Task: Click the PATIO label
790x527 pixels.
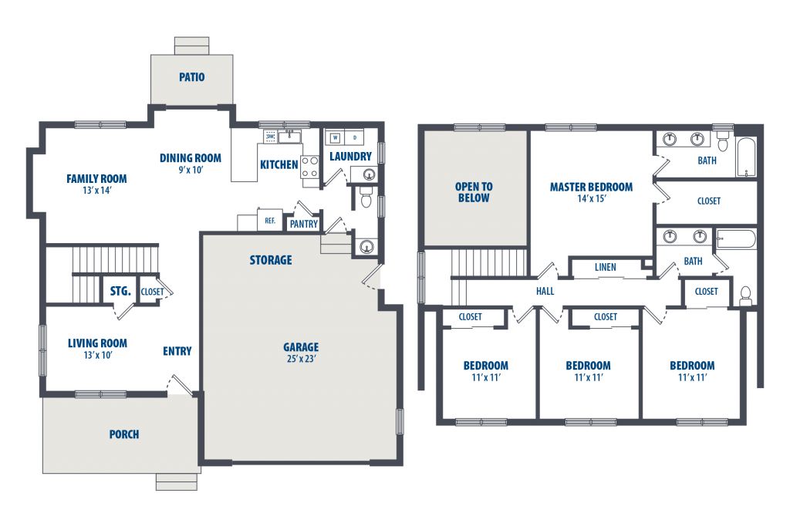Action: [x=192, y=77]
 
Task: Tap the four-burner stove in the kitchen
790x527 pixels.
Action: [x=310, y=167]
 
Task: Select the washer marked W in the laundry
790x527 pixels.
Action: [x=336, y=137]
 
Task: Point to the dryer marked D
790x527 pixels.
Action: [x=355, y=137]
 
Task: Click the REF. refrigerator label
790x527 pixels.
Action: [x=270, y=221]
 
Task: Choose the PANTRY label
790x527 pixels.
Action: [x=304, y=224]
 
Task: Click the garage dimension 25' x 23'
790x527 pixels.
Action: [x=301, y=359]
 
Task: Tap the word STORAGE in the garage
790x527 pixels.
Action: [x=271, y=260]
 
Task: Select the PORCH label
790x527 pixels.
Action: [x=124, y=434]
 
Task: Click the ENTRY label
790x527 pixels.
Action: [x=177, y=351]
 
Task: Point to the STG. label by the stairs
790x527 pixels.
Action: [x=120, y=291]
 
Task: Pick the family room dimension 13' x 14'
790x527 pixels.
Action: [x=96, y=191]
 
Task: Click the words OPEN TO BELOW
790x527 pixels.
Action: [x=474, y=192]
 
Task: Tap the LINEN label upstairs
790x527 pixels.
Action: [x=605, y=268]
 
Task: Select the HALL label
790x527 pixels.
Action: [x=545, y=291]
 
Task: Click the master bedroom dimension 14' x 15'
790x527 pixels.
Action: [x=592, y=198]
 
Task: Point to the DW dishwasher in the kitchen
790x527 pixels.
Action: [x=270, y=137]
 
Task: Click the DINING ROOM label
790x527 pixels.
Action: [x=191, y=157]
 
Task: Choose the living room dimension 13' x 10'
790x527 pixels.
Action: [x=98, y=355]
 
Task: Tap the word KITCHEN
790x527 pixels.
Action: [x=279, y=165]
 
